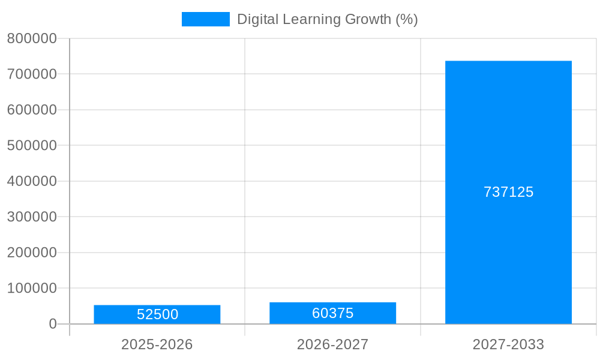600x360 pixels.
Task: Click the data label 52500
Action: point(157,314)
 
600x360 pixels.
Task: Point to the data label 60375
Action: point(332,313)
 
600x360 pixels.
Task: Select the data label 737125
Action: point(508,192)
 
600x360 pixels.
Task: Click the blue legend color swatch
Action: point(205,19)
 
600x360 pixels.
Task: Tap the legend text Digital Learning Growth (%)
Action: point(327,19)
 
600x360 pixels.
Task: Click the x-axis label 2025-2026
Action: point(157,344)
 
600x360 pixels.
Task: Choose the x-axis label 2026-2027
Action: point(332,344)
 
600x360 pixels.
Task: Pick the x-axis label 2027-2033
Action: point(508,344)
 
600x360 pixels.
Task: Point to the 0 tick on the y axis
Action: point(52,324)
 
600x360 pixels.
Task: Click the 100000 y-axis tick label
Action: point(32,288)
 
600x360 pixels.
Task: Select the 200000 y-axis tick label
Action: point(32,253)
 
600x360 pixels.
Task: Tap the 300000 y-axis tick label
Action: point(32,217)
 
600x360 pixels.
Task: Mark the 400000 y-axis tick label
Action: point(32,181)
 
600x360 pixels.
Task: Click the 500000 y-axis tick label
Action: point(32,145)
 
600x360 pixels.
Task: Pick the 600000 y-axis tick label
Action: point(32,110)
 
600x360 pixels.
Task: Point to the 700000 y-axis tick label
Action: point(32,74)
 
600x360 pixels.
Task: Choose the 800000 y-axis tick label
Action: point(32,38)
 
